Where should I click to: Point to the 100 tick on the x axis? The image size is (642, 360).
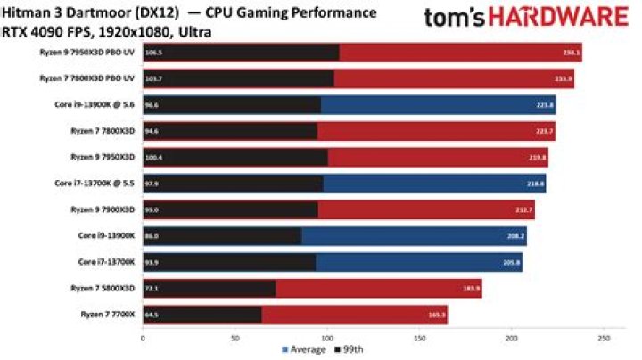326,339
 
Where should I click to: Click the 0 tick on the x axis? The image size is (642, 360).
143,339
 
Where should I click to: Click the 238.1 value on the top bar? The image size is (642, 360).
572,53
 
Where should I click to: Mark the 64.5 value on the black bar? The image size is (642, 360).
153,315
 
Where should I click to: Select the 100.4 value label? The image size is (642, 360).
155,158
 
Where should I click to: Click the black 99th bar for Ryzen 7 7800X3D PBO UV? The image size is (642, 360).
241,78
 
